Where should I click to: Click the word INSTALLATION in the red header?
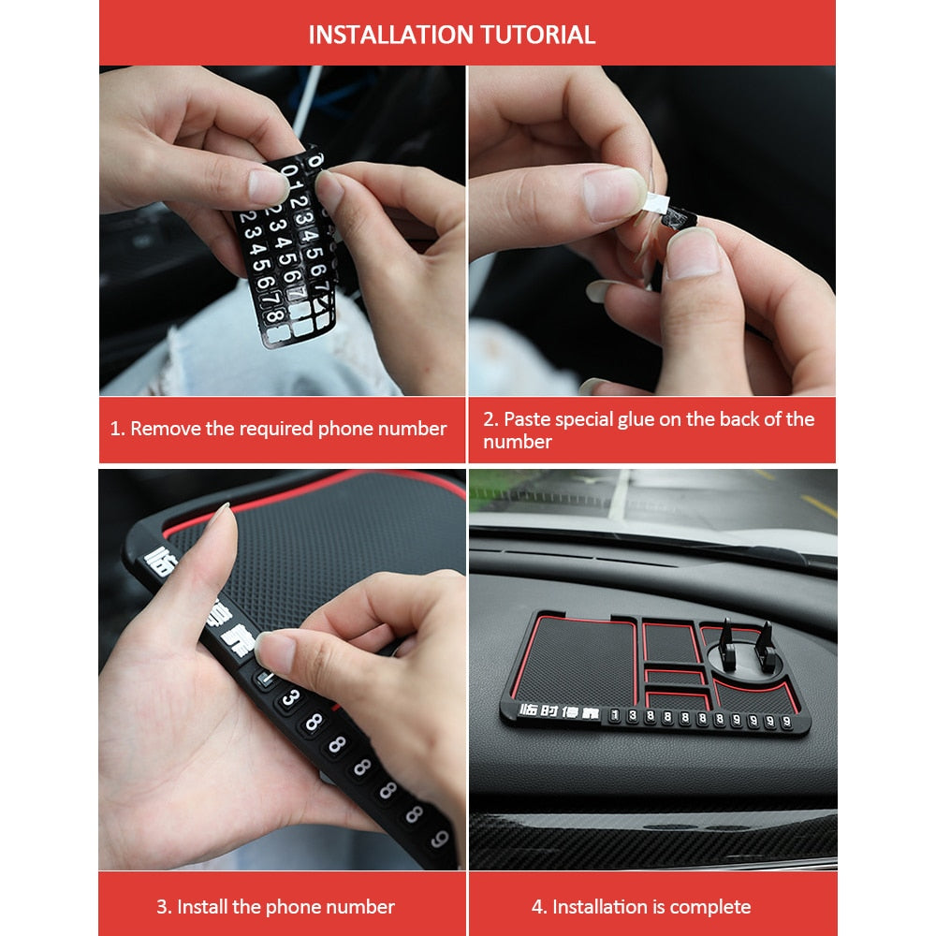coord(391,35)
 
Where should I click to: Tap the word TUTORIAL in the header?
coord(538,35)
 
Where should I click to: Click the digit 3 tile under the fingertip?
coord(290,697)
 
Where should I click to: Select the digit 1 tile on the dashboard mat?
coord(614,717)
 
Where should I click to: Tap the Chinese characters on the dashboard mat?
coord(548,713)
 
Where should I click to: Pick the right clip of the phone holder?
coord(764,638)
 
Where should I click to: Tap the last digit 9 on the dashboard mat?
coord(784,722)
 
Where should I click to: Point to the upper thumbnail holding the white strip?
coord(613,192)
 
